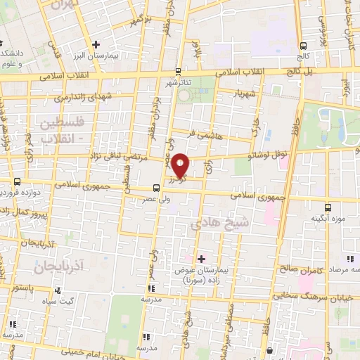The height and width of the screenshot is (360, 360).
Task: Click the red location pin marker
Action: pos(181,166)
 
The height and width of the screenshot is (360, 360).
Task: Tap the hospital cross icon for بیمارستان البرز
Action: pos(96,45)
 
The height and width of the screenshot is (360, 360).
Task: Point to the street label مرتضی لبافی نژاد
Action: pos(112,159)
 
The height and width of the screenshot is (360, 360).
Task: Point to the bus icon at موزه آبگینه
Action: pos(328,207)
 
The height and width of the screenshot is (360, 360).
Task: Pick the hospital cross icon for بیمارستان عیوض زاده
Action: pos(201,259)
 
